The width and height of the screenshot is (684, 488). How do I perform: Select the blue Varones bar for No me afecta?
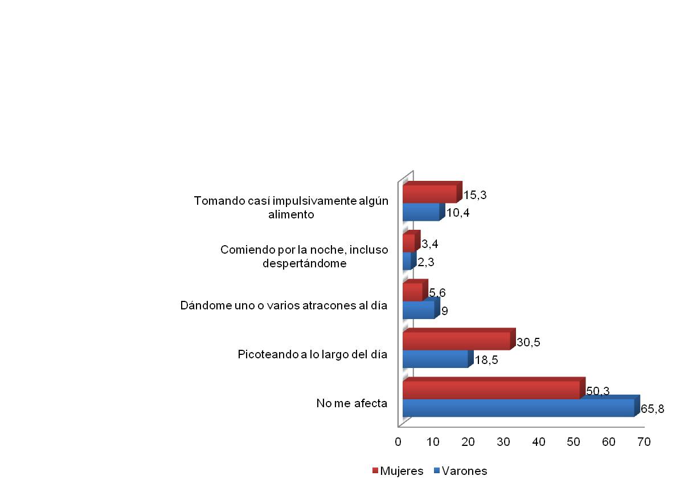click(518, 408)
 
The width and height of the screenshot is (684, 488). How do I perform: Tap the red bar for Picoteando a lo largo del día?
click(456, 341)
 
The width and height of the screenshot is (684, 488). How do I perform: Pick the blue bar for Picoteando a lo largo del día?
click(435, 358)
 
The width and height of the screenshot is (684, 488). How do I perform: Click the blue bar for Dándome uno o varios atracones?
click(418, 309)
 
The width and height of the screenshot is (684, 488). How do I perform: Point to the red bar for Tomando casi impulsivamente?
click(429, 194)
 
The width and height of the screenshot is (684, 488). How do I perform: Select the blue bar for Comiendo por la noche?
click(407, 261)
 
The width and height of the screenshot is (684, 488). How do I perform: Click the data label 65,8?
click(653, 408)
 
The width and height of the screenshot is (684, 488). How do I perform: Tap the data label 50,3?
click(598, 391)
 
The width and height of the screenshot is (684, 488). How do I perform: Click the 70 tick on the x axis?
click(644, 441)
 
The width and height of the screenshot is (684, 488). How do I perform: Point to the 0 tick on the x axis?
click(399, 441)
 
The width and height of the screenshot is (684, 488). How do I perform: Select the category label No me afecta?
click(352, 404)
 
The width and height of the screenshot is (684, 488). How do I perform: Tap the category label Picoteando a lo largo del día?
click(312, 355)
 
